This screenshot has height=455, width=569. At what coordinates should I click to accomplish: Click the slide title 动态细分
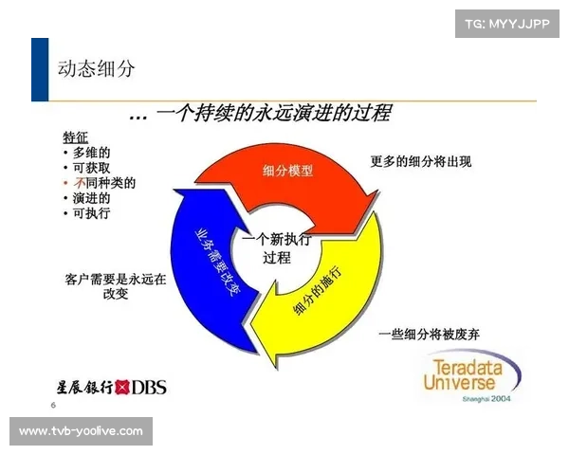pos(97,70)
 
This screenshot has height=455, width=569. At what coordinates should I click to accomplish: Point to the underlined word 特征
pos(76,136)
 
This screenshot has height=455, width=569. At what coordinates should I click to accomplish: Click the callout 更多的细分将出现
pos(420,162)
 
